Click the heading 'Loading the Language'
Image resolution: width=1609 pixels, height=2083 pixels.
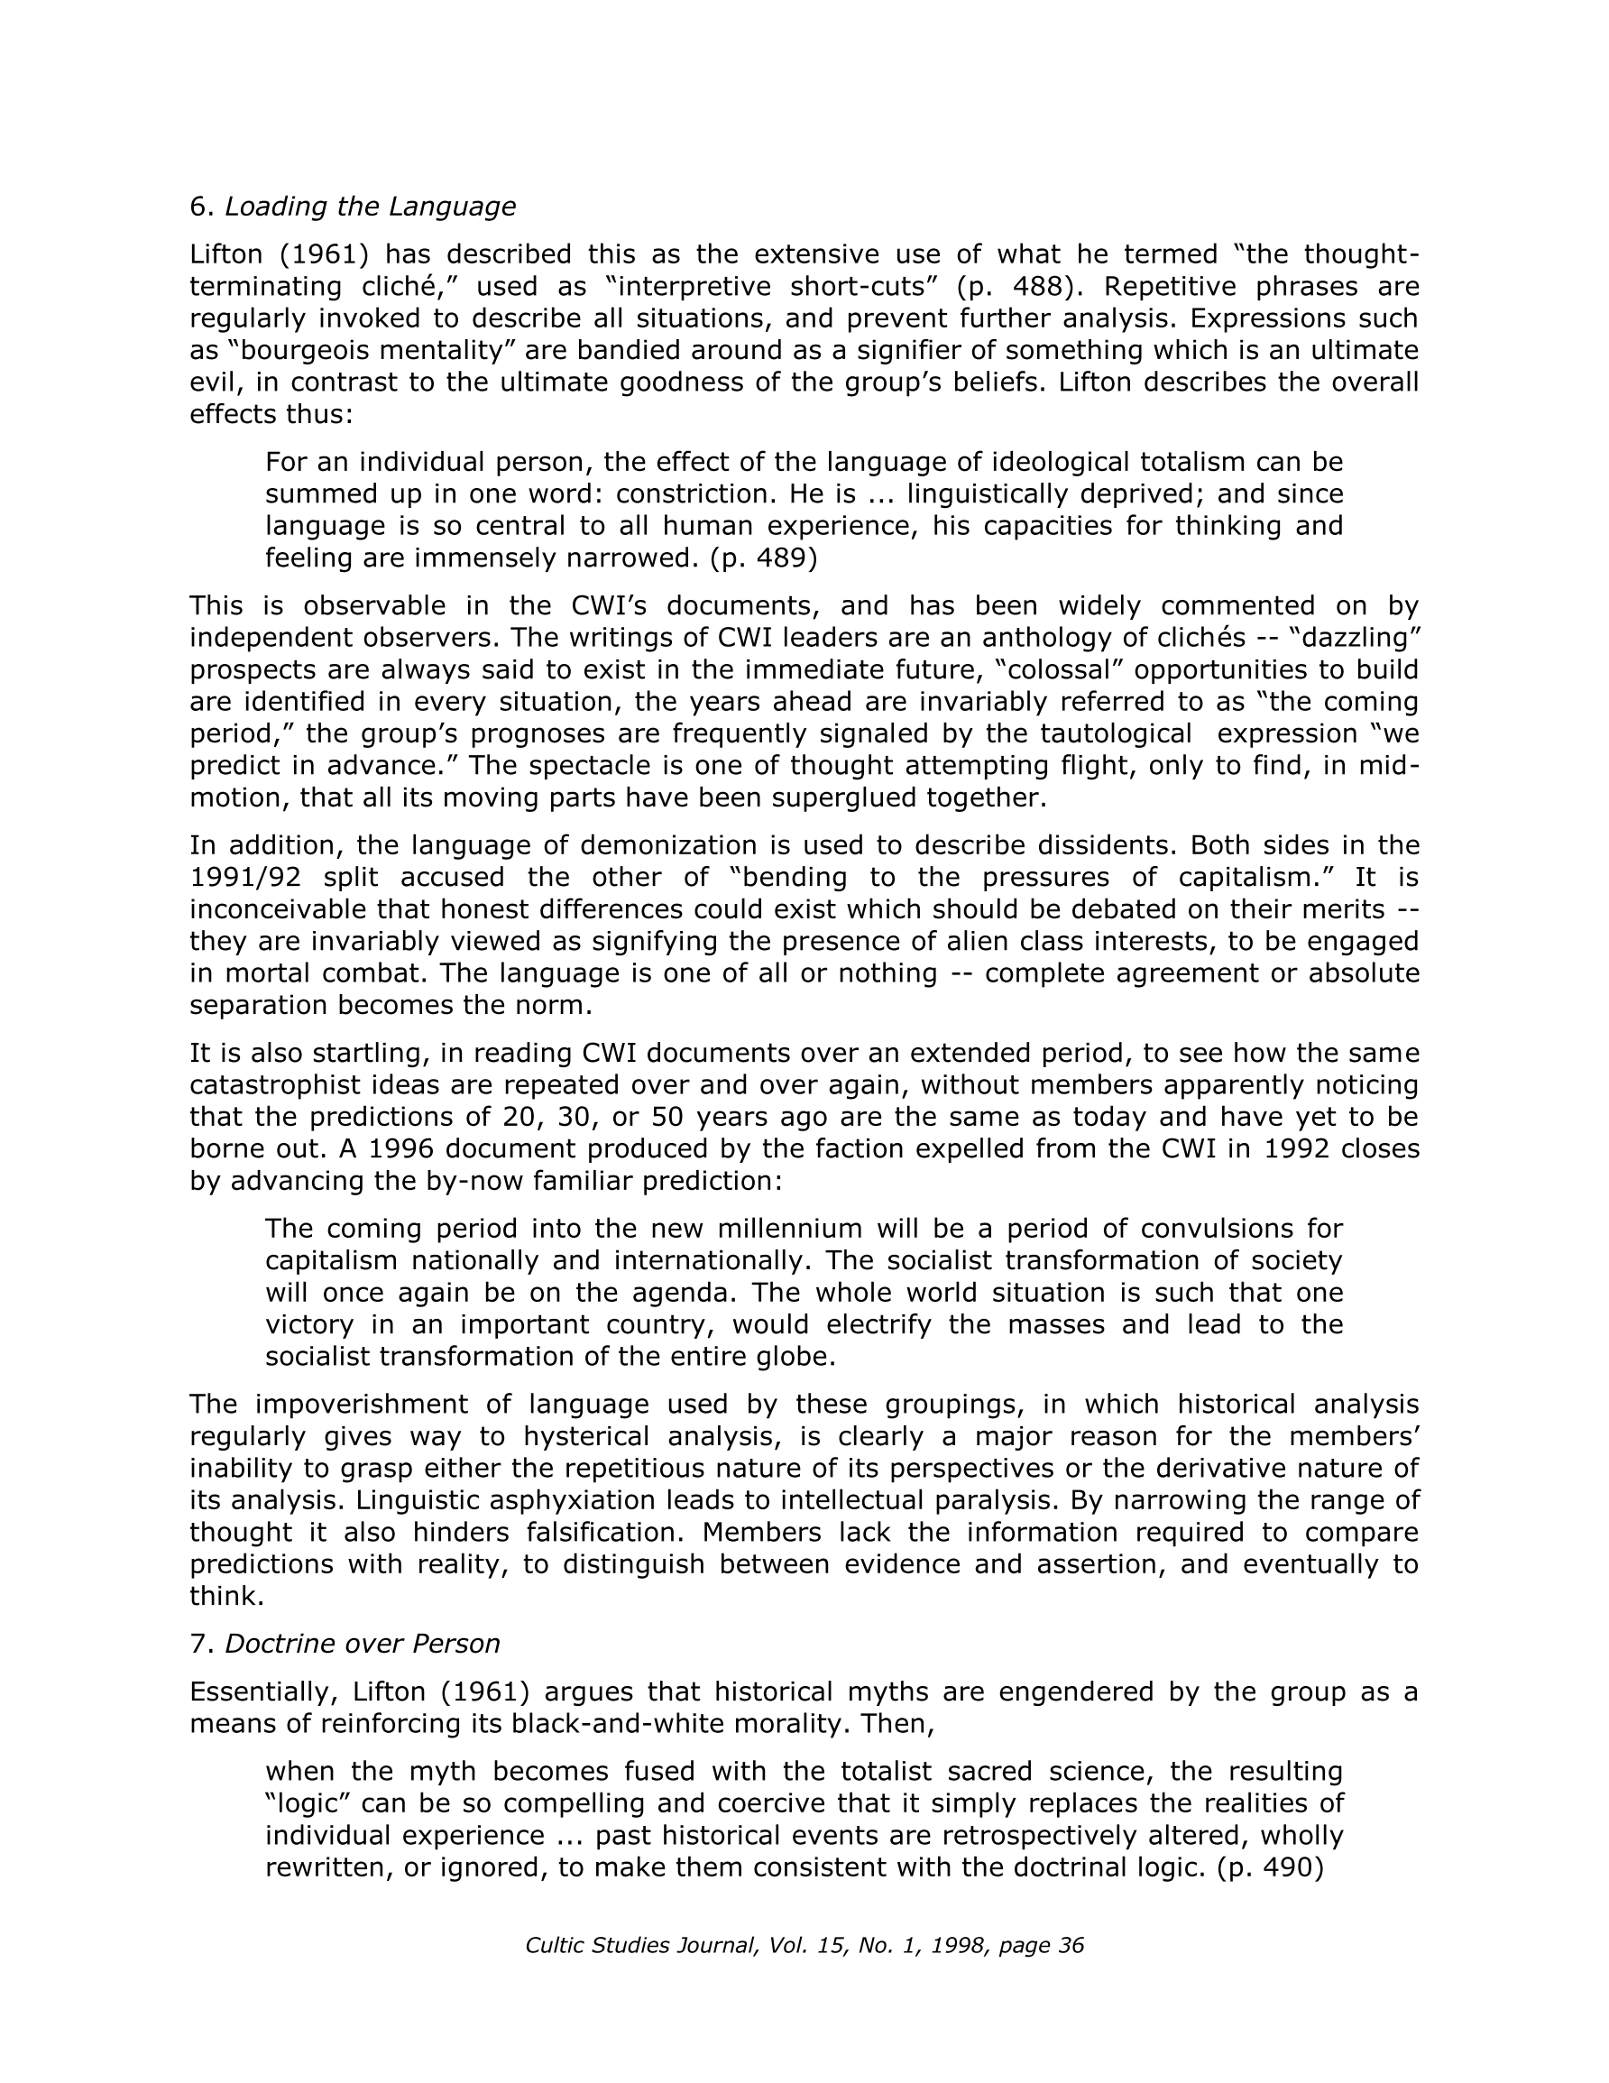pyautogui.click(x=369, y=206)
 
